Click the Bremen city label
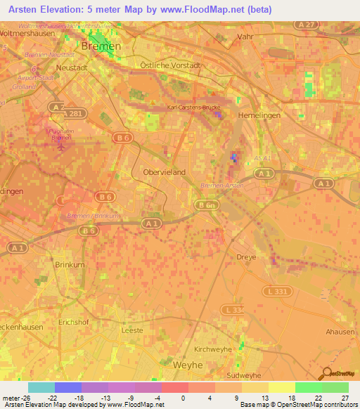[x=101, y=46]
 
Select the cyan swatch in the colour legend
[x=41, y=387]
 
